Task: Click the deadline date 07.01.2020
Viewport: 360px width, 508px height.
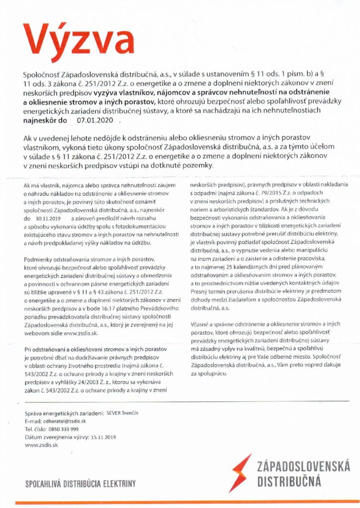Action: [94, 120]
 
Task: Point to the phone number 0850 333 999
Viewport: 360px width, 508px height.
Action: [64, 429]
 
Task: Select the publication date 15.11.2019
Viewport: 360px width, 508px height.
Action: [104, 437]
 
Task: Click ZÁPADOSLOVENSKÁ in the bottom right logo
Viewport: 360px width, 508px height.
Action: [303, 467]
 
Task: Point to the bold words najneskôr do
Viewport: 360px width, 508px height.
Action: [45, 120]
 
